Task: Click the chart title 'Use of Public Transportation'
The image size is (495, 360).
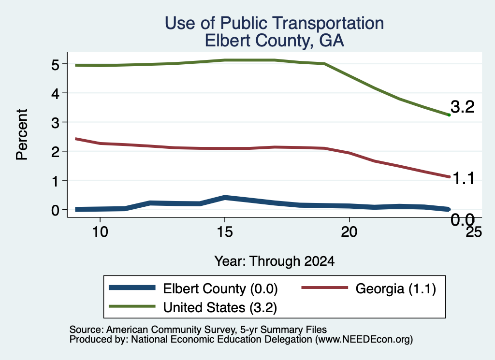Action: pos(275,23)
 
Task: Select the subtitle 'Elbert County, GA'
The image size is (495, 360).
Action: pos(275,41)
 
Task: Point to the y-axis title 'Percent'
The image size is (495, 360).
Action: pos(22,135)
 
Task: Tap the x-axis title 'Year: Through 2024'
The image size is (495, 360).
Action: pos(275,261)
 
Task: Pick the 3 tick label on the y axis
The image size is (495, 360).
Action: pos(55,122)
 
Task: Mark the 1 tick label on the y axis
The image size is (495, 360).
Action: pos(56,181)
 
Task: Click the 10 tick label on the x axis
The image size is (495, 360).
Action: pos(100,232)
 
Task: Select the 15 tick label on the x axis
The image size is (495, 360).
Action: pos(225,232)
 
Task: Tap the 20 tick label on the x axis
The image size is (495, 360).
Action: pos(349,232)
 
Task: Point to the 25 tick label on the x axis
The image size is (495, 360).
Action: pos(474,232)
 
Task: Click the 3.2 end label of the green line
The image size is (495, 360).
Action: pos(463,107)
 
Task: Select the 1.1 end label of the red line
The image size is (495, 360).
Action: pos(464,179)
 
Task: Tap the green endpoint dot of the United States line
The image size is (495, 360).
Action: pos(449,115)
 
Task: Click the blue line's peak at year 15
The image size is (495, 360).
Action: pos(225,198)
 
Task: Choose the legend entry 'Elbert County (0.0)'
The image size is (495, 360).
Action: pos(193,288)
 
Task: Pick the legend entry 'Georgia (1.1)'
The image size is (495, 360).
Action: pos(369,288)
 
